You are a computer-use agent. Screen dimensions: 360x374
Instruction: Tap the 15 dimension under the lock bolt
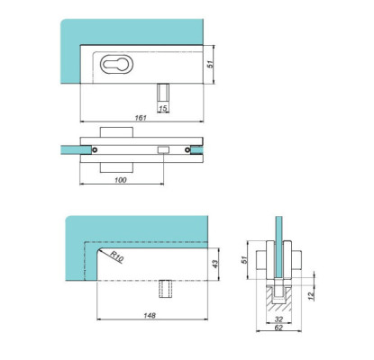[162, 109]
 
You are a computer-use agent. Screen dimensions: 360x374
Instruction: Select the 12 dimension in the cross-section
[309, 294]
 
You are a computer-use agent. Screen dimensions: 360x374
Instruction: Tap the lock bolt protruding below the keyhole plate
[162, 93]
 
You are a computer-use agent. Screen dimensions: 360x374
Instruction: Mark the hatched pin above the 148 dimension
[166, 287]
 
